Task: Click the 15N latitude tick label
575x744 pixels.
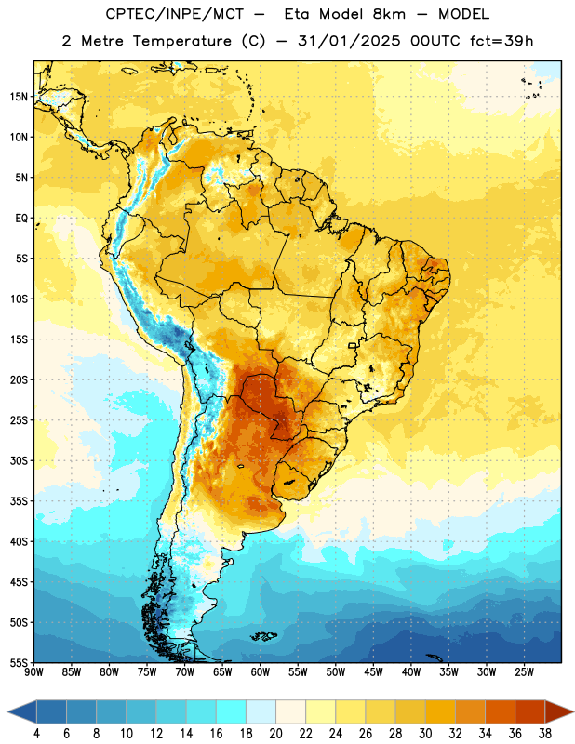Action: click(x=19, y=97)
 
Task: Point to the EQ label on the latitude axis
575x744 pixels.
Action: click(x=21, y=219)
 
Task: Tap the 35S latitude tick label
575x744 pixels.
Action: click(x=19, y=501)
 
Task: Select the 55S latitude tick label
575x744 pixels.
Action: click(x=19, y=662)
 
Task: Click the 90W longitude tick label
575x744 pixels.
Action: click(x=33, y=672)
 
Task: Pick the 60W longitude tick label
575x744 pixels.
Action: click(x=260, y=672)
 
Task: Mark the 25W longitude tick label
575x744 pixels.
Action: click(x=524, y=672)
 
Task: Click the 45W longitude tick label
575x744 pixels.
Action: click(x=373, y=672)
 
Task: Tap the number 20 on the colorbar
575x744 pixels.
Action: click(x=275, y=733)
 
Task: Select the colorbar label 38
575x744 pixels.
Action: click(x=544, y=733)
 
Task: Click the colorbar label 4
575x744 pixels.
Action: click(x=36, y=733)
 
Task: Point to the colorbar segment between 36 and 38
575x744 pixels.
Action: click(x=530, y=711)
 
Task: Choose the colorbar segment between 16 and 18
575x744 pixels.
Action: click(x=232, y=711)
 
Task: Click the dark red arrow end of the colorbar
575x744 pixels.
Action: click(x=559, y=711)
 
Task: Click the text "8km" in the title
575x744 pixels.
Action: click(x=388, y=14)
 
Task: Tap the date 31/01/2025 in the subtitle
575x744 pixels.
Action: click(x=349, y=41)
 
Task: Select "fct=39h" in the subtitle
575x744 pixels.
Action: click(x=501, y=41)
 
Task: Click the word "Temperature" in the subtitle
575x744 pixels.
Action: click(x=181, y=41)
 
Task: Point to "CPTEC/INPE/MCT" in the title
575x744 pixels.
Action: click(x=174, y=14)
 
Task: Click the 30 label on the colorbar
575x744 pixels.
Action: click(x=425, y=733)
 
